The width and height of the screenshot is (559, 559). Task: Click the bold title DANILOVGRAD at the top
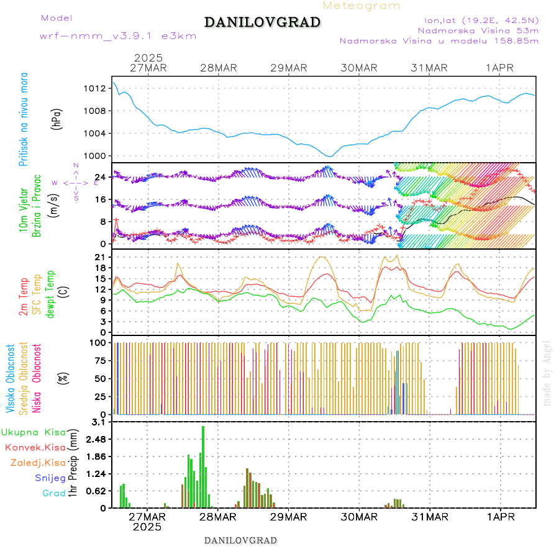262,22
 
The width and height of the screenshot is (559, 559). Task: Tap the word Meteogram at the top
361,6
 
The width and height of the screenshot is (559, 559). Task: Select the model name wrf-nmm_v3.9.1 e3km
118,36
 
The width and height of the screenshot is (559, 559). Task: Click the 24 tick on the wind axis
99,177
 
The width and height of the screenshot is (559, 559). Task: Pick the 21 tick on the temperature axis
99,257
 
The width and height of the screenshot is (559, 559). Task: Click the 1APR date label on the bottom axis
499,517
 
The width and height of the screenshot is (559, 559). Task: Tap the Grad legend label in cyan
54,493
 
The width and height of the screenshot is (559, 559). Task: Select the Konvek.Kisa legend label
35,447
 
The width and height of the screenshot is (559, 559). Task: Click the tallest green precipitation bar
203,466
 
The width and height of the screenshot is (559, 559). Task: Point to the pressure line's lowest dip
330,156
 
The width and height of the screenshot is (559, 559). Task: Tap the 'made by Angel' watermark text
547,373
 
